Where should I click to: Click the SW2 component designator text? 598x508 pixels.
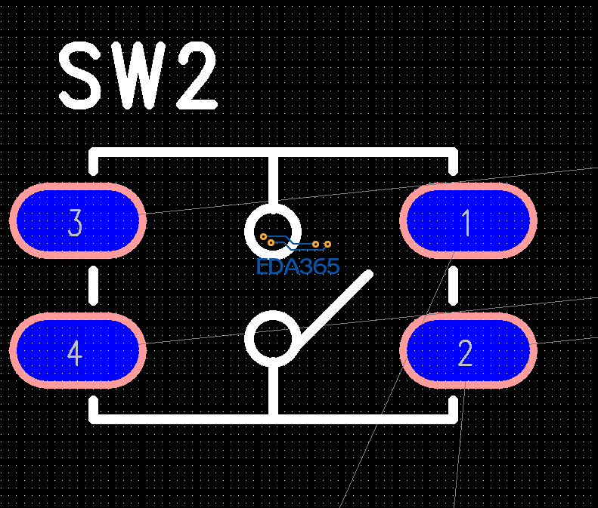click(138, 76)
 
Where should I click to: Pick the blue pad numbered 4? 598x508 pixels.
click(77, 350)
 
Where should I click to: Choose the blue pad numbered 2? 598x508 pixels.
click(468, 350)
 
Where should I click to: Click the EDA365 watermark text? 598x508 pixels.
click(298, 266)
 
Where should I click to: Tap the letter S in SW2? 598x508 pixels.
click(81, 76)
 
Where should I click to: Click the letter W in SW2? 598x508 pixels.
click(138, 76)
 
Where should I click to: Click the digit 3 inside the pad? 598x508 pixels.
click(75, 223)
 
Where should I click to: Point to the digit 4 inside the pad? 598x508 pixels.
click(74, 353)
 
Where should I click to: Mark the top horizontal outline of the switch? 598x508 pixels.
click(181, 153)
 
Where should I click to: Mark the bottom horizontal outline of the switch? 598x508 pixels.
click(181, 414)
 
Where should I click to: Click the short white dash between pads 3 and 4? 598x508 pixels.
click(94, 285)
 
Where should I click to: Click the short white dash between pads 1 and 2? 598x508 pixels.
click(454, 285)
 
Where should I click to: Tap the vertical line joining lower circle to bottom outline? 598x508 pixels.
click(273, 389)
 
